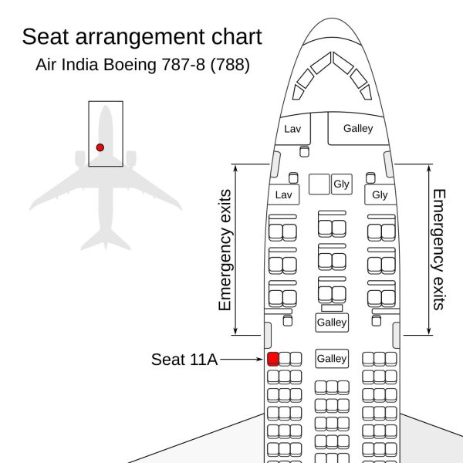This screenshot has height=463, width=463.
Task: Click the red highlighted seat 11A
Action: click(273, 359)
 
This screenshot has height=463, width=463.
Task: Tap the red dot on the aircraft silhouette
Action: click(100, 147)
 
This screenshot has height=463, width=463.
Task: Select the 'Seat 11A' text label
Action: click(184, 360)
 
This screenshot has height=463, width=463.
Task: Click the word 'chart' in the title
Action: click(237, 36)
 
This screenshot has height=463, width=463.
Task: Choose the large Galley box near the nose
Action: click(358, 129)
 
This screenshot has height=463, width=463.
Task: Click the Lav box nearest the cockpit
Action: click(292, 129)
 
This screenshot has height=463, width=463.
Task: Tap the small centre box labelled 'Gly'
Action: click(342, 184)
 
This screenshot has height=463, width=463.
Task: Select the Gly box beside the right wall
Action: click(380, 194)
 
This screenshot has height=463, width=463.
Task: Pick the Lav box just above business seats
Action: click(283, 194)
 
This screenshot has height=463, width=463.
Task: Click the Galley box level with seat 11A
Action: click(332, 359)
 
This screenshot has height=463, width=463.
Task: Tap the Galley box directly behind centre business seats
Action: click(332, 322)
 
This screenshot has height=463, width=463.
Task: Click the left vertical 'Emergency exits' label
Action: click(225, 250)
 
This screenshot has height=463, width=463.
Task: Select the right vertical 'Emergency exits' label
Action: click(439, 250)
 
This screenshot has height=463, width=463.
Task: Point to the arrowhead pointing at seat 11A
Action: click(260, 360)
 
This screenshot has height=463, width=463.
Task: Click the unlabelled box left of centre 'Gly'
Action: click(319, 184)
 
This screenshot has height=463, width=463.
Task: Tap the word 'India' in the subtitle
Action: click(79, 64)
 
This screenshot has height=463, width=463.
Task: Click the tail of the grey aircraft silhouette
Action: click(106, 239)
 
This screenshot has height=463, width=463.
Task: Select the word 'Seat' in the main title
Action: click(46, 36)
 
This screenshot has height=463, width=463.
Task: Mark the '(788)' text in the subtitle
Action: click(230, 65)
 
